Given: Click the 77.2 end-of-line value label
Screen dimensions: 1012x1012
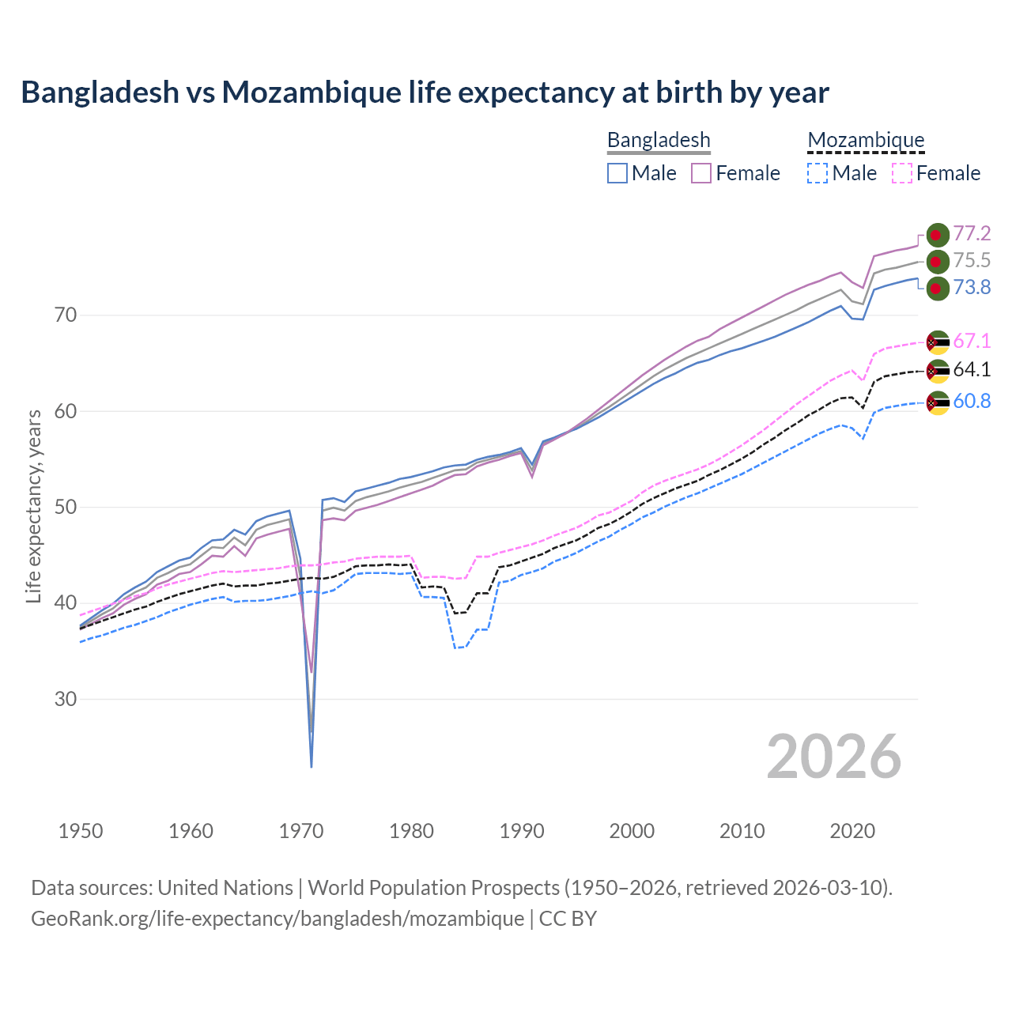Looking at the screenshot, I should pyautogui.click(x=972, y=233).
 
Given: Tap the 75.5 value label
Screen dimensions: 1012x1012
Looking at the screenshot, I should pyautogui.click(x=972, y=261).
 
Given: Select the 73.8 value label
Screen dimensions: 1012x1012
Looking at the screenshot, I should pyautogui.click(x=972, y=288).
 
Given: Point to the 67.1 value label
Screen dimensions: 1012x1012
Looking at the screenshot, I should pyautogui.click(x=972, y=341).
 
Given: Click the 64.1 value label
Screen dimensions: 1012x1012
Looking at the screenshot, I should pyautogui.click(x=972, y=369).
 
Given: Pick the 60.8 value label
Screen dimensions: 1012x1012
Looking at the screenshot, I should pyautogui.click(x=972, y=401).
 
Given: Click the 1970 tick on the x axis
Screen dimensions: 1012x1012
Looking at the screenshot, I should pyautogui.click(x=301, y=831).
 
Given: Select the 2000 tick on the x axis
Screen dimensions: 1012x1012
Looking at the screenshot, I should pyautogui.click(x=632, y=831).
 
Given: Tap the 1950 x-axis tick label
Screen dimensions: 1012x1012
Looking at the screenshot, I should pyautogui.click(x=81, y=831).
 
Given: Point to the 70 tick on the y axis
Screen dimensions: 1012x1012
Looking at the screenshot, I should pyautogui.click(x=66, y=315).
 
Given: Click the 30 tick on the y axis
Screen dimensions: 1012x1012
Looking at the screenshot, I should pyautogui.click(x=66, y=700).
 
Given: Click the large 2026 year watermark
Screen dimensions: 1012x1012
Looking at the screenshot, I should pyautogui.click(x=833, y=757).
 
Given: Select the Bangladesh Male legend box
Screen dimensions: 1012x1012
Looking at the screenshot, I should pyautogui.click(x=617, y=173).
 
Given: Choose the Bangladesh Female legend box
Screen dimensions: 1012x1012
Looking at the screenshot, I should pyautogui.click(x=701, y=173).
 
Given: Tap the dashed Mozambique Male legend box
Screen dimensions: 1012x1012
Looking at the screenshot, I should pyautogui.click(x=818, y=173).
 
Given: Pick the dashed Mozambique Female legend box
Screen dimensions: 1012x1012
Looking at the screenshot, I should pyautogui.click(x=902, y=173).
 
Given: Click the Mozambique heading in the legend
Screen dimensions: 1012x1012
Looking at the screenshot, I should pyautogui.click(x=866, y=140).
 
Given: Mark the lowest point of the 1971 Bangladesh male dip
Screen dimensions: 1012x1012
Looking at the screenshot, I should pyautogui.click(x=312, y=766).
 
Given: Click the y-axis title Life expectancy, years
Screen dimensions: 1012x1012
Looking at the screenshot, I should pyautogui.click(x=34, y=506).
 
